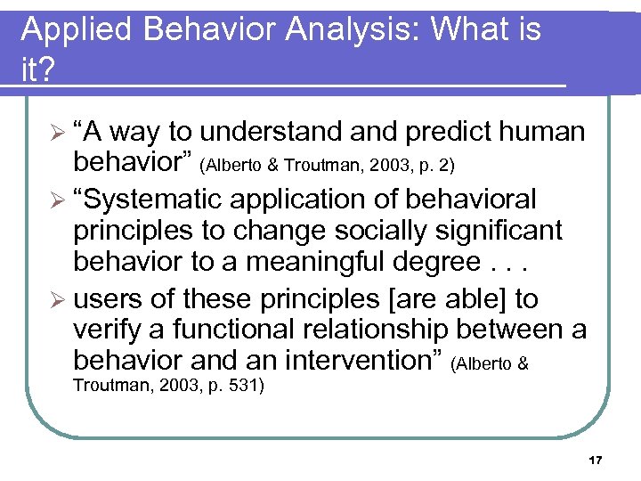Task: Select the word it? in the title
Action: click(x=37, y=69)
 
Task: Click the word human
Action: click(x=542, y=132)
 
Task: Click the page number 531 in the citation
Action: click(x=242, y=387)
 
